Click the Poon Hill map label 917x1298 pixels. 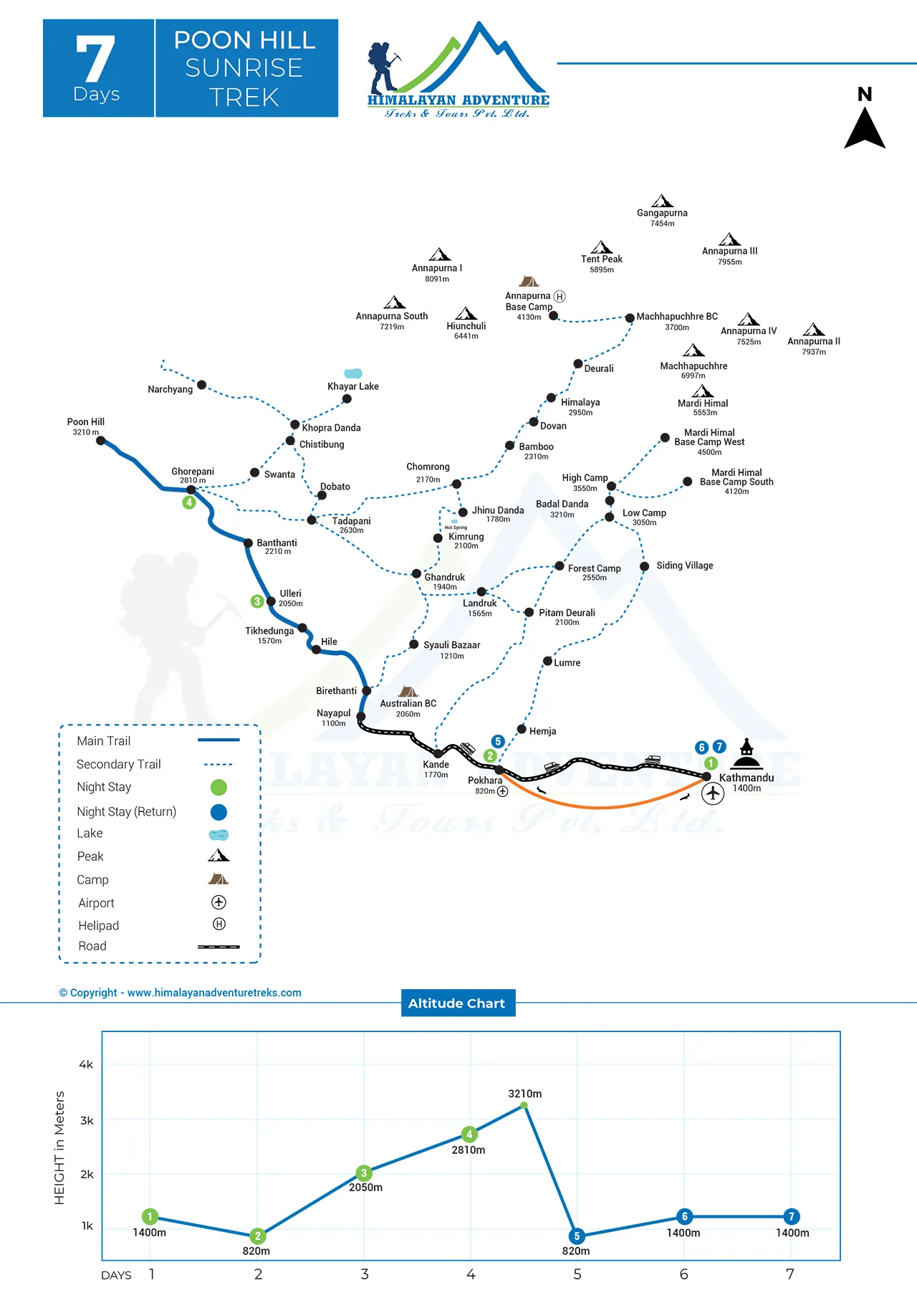pyautogui.click(x=86, y=422)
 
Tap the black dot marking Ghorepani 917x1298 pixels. pyautogui.click(x=191, y=490)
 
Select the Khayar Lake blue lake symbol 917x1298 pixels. pyautogui.click(x=353, y=373)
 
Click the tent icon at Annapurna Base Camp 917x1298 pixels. pyautogui.click(x=529, y=281)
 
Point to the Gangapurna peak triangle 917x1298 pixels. pyautogui.click(x=662, y=201)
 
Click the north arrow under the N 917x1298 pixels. pyautogui.click(x=865, y=130)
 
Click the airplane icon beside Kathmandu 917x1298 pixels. pyautogui.click(x=712, y=793)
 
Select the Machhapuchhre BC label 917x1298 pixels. pyautogui.click(x=677, y=317)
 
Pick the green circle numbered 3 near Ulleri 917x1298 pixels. pyautogui.click(x=257, y=601)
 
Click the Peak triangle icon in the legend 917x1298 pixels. pyautogui.click(x=219, y=855)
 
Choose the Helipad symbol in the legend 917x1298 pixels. pyautogui.click(x=219, y=924)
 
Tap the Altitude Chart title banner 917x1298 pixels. pyautogui.click(x=457, y=1003)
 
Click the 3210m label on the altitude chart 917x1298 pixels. pyautogui.click(x=525, y=1094)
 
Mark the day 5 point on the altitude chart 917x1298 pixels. pyautogui.click(x=577, y=1236)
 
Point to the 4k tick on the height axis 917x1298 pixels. pyautogui.click(x=86, y=1065)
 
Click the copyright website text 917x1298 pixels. pyautogui.click(x=181, y=993)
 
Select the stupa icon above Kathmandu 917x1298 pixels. pyautogui.click(x=746, y=754)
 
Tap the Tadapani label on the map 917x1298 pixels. pyautogui.click(x=351, y=521)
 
